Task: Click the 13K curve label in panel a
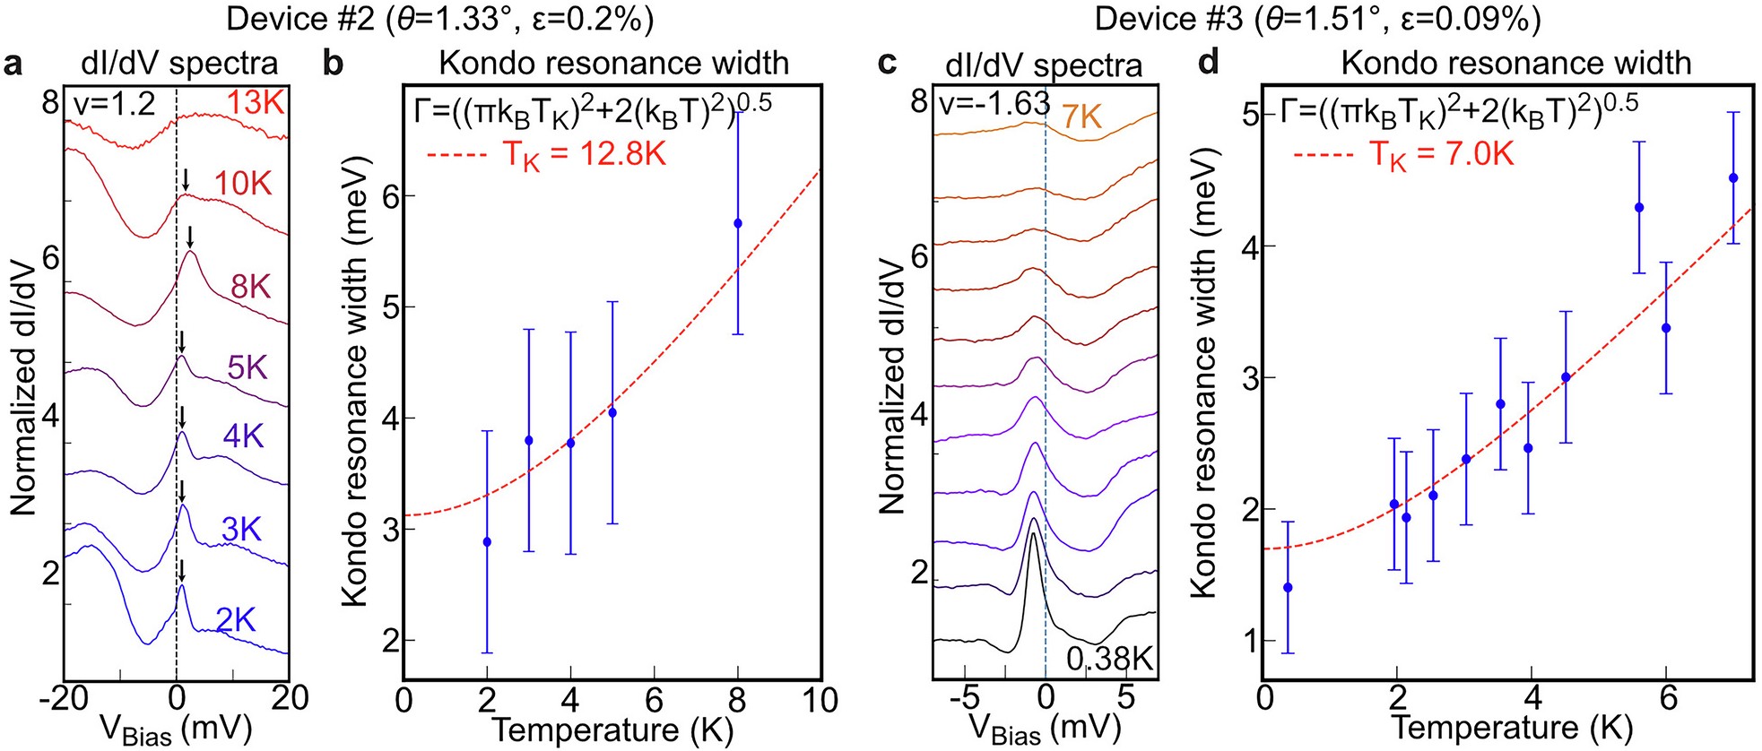click(x=255, y=103)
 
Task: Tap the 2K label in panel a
click(x=236, y=620)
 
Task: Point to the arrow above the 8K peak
click(x=190, y=237)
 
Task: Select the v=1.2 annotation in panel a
click(x=115, y=105)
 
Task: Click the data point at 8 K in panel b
click(x=738, y=223)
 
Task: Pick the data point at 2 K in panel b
click(x=487, y=542)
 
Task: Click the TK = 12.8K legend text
click(x=584, y=155)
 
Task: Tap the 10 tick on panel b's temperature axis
click(x=820, y=700)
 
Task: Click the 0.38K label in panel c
click(x=1109, y=660)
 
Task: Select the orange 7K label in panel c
click(x=1081, y=117)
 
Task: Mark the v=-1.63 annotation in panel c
click(x=994, y=105)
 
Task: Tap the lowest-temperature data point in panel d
click(x=1288, y=588)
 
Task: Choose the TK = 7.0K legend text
click(x=1442, y=155)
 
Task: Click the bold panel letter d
click(x=1209, y=62)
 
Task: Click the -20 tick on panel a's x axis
click(x=64, y=698)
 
